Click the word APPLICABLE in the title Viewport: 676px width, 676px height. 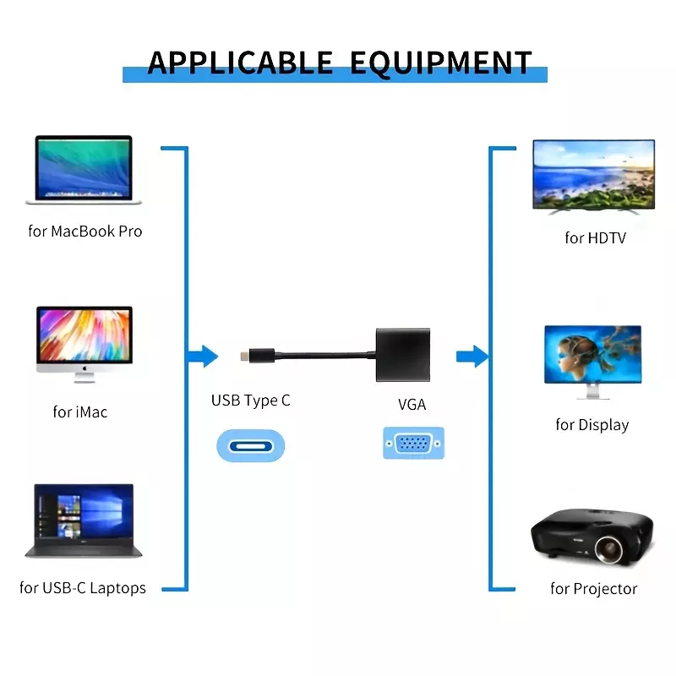coord(240,63)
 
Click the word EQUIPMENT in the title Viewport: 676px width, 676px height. coord(440,63)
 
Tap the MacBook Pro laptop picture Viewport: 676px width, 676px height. coord(84,170)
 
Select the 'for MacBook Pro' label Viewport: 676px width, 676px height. coord(85,232)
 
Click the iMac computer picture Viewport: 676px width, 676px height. coord(84,344)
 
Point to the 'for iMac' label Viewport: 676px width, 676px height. coord(80,412)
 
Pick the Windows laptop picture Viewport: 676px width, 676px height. coord(84,521)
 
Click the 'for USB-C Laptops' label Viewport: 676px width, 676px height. coord(83,588)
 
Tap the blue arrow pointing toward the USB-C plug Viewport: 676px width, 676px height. coord(203,357)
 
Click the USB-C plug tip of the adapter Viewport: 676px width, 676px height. coord(245,356)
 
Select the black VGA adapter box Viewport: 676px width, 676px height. coord(403,355)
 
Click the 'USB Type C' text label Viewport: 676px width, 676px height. coord(251,401)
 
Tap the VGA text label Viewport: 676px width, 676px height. coord(412,405)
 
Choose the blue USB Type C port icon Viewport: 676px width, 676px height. coord(250,446)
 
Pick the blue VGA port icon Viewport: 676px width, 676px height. coord(413,443)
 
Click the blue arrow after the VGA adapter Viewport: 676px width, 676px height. coord(472,357)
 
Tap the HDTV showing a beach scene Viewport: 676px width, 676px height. coord(594,177)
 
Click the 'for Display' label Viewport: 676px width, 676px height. coord(592,425)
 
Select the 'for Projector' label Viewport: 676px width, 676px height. coord(594,589)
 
